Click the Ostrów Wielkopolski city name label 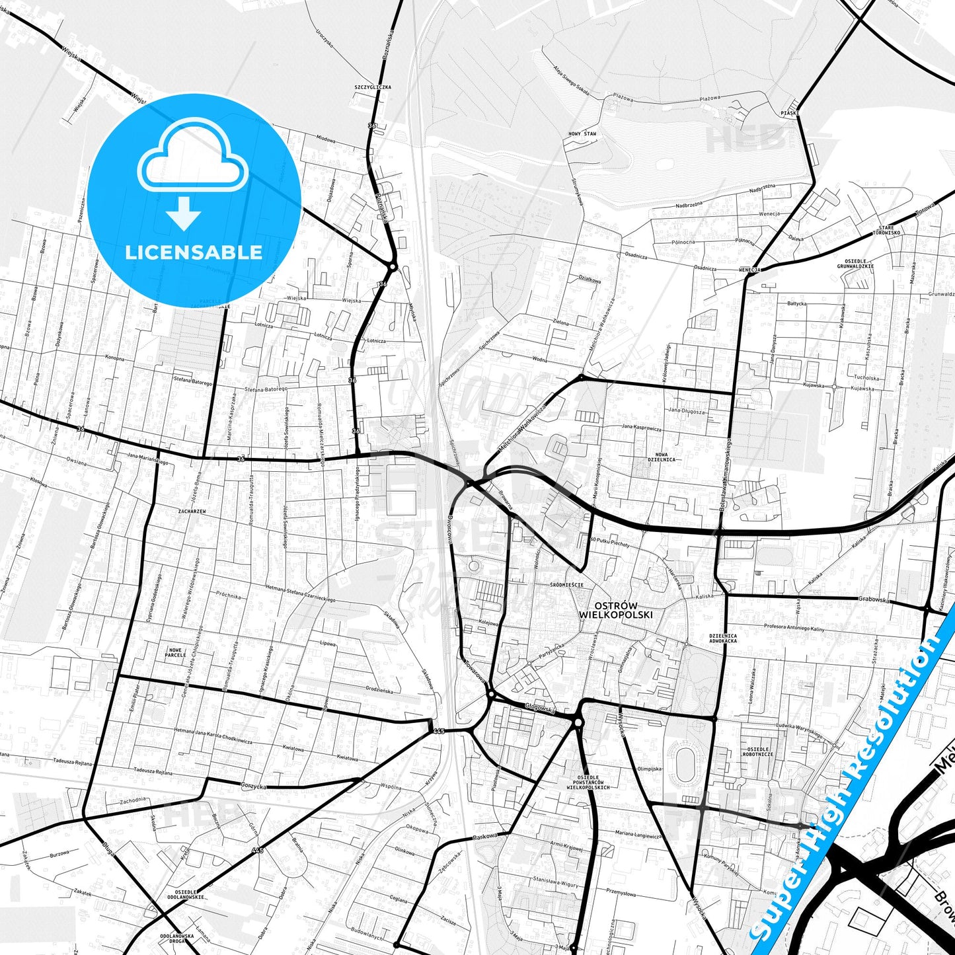[615, 610]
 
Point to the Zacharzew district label [192, 511]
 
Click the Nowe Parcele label [175, 652]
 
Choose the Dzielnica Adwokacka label [722, 638]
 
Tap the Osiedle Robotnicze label [757, 751]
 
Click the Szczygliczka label [373, 87]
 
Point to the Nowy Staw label [582, 134]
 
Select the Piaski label [789, 113]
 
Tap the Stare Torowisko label [886, 230]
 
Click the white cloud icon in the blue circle [193, 159]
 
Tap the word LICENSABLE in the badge [194, 252]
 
